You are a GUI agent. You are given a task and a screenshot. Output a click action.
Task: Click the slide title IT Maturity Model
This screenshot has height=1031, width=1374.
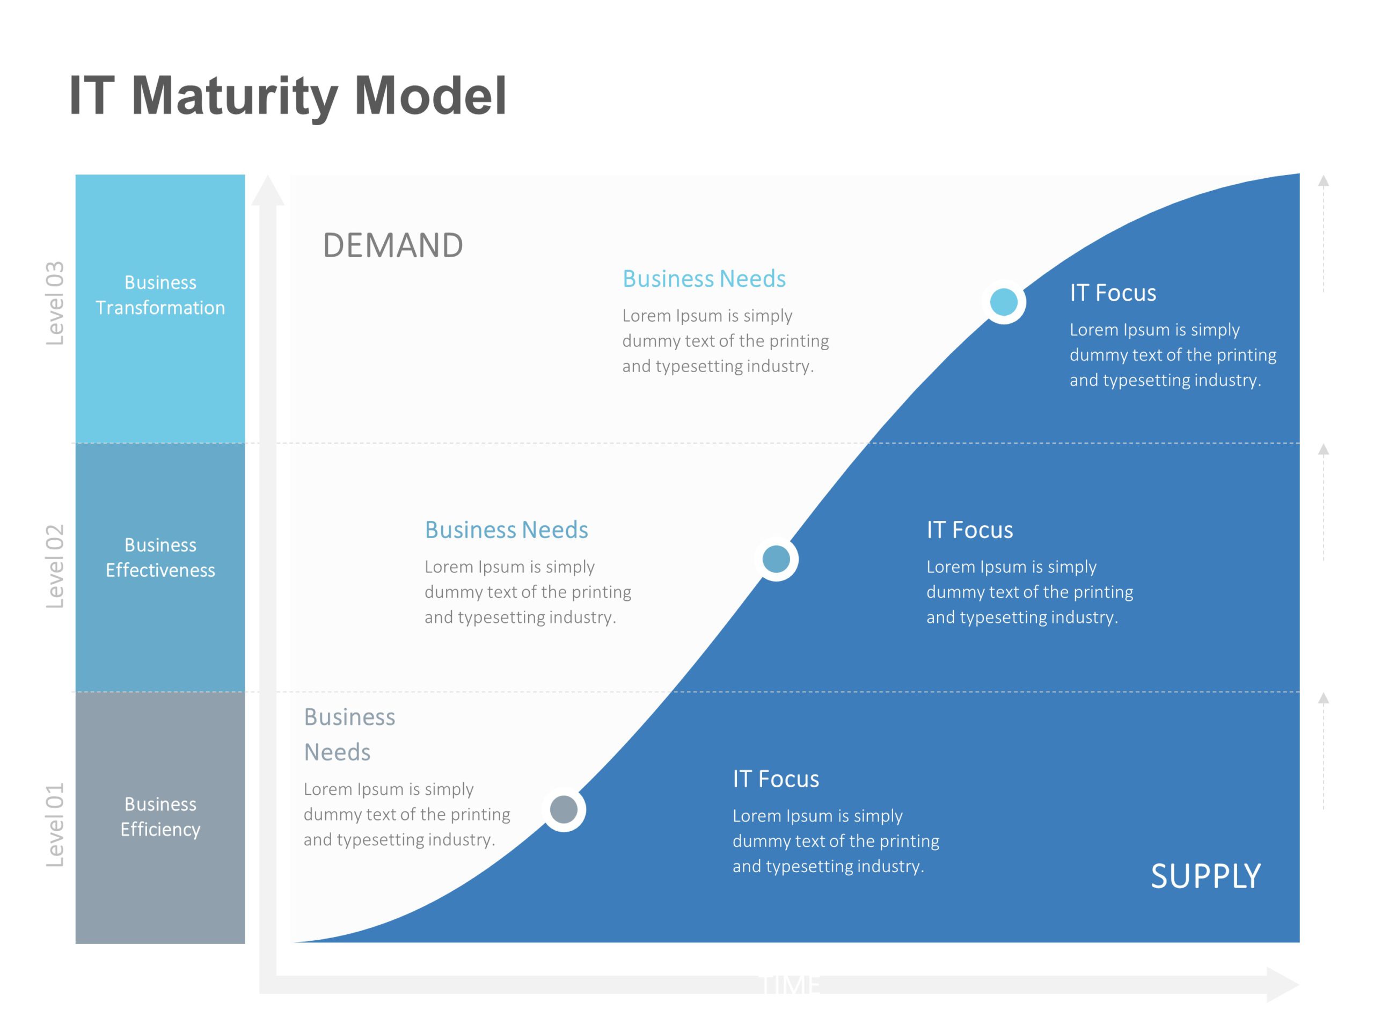[288, 96]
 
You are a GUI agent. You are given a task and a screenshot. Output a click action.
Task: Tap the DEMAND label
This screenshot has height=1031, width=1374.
[392, 245]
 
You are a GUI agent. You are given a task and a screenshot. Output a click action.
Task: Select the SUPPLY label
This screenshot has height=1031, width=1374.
[1205, 876]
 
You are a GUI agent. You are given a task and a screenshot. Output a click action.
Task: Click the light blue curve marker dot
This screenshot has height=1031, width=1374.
[1003, 302]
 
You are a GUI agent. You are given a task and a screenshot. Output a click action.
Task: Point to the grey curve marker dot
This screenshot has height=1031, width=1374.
[564, 809]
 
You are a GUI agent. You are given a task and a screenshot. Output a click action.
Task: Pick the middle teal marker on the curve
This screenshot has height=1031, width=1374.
[776, 558]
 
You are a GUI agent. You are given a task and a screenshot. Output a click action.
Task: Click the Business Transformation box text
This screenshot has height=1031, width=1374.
[160, 295]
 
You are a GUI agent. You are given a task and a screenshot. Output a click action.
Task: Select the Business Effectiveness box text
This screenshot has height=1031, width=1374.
[160, 557]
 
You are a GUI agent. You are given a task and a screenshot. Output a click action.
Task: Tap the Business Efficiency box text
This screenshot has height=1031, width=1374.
[160, 817]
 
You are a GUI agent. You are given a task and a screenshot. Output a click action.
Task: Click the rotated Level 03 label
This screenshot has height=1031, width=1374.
[55, 303]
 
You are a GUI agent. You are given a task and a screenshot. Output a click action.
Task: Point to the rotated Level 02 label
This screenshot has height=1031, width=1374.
[55, 565]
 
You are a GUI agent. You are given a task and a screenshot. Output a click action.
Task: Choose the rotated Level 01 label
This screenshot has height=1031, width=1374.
[55, 825]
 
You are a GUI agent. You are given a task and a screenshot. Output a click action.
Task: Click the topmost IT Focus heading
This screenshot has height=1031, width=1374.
[1113, 293]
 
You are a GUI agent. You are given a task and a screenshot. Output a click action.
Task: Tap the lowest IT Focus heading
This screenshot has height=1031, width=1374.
[775, 779]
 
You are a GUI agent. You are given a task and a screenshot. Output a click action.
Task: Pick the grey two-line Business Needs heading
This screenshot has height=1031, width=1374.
[349, 735]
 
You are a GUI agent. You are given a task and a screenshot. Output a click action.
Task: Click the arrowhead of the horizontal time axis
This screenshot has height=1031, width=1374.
[1283, 984]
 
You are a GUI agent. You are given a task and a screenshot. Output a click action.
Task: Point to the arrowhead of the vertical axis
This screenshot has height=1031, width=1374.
[268, 191]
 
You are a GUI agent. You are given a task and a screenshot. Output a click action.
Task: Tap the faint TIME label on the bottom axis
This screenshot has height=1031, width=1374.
[790, 985]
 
